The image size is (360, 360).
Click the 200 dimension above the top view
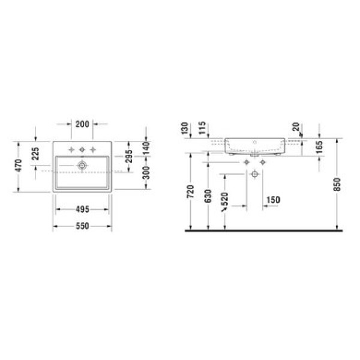(82, 124)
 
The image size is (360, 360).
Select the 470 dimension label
(19, 166)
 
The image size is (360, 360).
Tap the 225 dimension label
(35, 154)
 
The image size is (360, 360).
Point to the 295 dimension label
(129, 156)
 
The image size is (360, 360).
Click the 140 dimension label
(146, 148)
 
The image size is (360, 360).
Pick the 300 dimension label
(146, 173)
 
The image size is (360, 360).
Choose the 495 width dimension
(82, 209)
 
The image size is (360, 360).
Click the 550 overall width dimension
(82, 226)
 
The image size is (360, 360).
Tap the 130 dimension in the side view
(185, 128)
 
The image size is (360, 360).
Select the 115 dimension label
(202, 128)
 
